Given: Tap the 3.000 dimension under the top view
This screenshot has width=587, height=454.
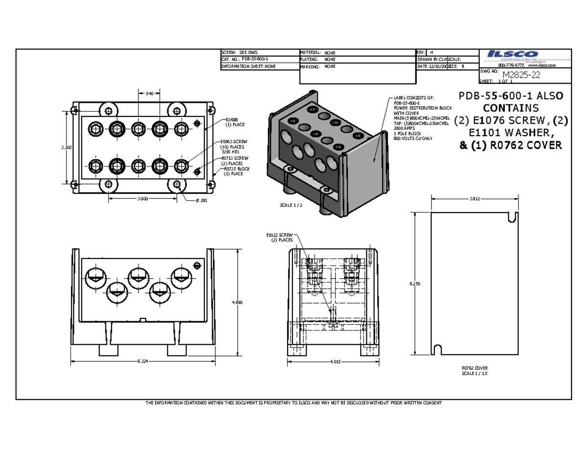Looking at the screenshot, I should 142,199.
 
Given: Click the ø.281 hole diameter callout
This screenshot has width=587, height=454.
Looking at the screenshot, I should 201,200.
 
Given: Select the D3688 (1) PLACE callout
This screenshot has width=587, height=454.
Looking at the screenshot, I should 234,122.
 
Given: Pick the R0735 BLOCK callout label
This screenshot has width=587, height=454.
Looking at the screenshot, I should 236,169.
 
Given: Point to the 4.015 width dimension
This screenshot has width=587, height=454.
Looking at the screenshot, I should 334,362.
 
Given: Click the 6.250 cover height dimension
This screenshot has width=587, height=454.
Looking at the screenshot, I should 415,284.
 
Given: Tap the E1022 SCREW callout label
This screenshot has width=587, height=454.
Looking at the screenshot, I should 280,235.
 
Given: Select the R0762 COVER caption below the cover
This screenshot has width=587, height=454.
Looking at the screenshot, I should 474,368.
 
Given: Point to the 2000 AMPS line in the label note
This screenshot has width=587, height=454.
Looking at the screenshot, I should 404,128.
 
